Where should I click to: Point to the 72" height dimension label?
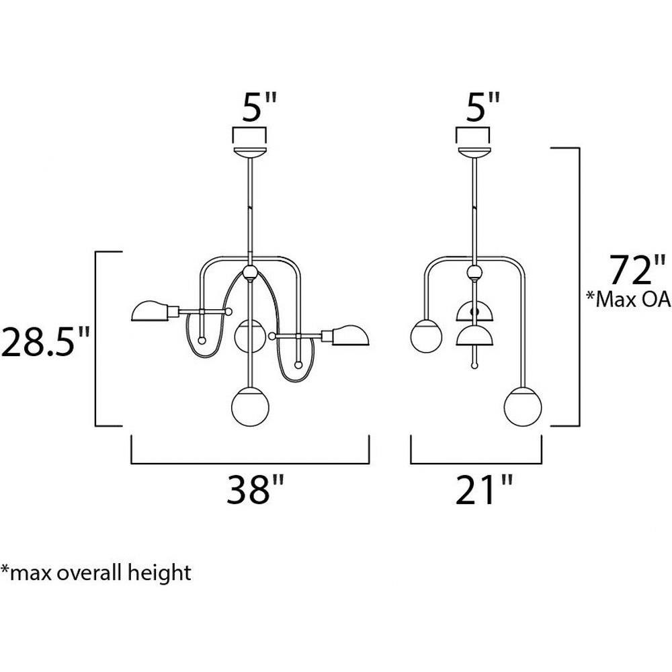638,270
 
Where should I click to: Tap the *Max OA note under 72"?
628,300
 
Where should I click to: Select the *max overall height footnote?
96,573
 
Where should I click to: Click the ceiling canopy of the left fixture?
250,153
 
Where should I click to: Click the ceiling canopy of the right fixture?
474,153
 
